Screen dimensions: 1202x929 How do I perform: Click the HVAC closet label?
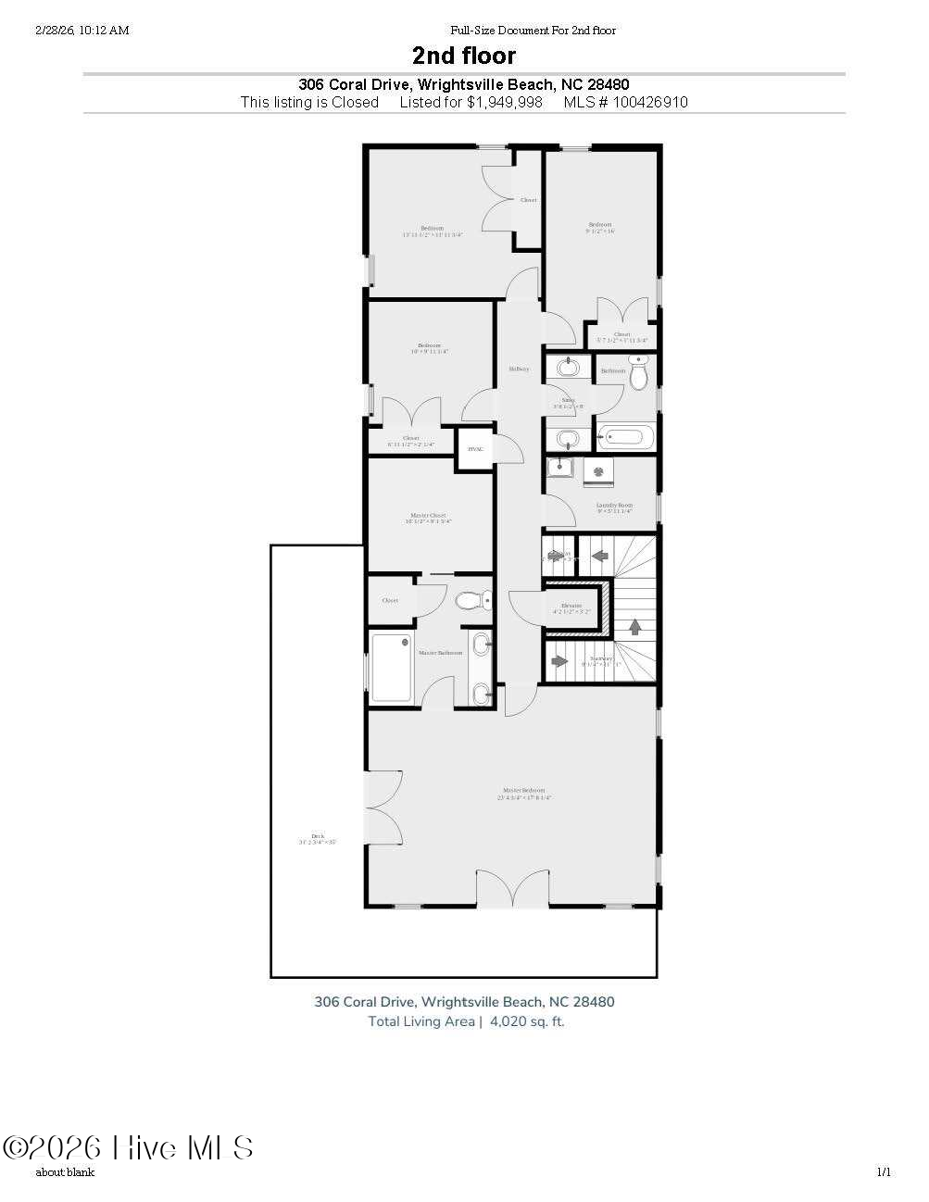475,449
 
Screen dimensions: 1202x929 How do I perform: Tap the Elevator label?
571,606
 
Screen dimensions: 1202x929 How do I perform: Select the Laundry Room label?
614,506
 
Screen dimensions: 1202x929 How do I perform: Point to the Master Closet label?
428,516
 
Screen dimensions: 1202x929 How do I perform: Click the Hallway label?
519,369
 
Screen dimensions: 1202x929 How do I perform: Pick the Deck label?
318,836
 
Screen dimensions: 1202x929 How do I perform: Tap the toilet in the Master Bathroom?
473,601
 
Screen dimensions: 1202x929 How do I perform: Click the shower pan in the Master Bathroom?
391,667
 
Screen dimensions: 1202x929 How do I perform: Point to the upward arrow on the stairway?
635,626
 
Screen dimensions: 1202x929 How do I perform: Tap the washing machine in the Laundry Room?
597,472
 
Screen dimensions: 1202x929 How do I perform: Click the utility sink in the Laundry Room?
560,470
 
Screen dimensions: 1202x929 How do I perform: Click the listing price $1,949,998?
504,102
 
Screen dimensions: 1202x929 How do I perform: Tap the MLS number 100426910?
648,102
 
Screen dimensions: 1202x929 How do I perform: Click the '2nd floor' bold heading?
464,56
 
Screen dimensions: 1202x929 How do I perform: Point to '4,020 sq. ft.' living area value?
527,1021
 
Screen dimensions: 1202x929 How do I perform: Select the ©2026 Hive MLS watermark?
128,1148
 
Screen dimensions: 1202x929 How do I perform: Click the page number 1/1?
884,1172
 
